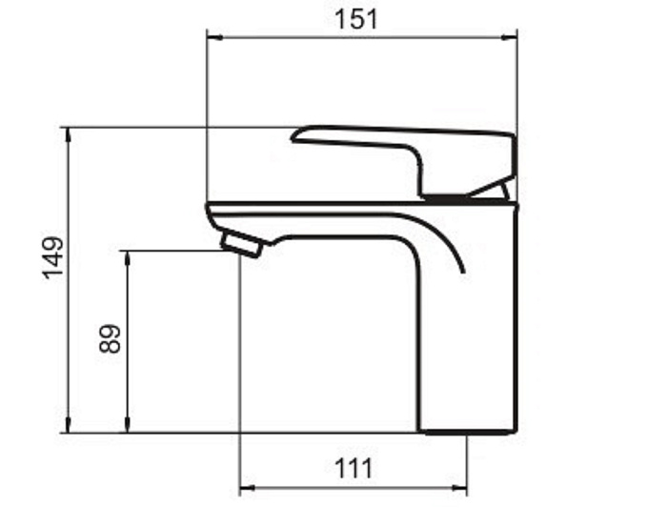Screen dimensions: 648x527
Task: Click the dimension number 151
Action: (x=356, y=19)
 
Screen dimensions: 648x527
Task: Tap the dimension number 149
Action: (x=53, y=257)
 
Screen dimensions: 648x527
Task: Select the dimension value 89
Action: (x=110, y=338)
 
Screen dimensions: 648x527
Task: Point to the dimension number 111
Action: (x=354, y=468)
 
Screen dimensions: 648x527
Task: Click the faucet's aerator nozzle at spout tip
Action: (x=241, y=244)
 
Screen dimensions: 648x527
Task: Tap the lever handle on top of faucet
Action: (x=404, y=161)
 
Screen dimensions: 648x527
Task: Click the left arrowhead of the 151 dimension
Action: (x=215, y=37)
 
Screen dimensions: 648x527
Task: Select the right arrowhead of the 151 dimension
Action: (x=509, y=37)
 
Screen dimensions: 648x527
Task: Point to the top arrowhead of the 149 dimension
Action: (x=69, y=135)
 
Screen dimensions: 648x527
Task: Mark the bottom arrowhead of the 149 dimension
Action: (x=69, y=424)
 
